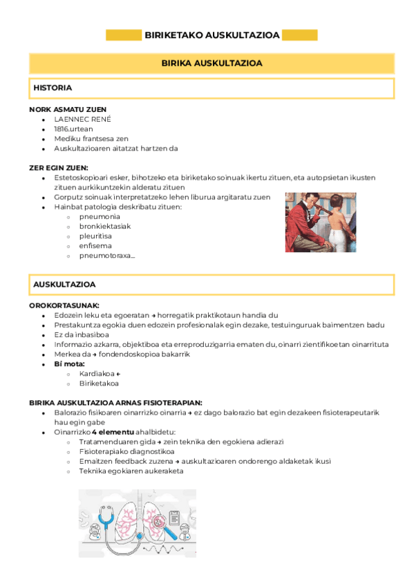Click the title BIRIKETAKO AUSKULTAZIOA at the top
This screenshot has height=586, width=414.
(211, 35)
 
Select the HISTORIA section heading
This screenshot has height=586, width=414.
(53, 88)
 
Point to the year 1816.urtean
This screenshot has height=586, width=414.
(73, 129)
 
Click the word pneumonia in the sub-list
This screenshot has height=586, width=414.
(100, 216)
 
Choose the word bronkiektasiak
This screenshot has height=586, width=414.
(105, 226)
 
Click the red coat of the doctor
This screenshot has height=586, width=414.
(302, 225)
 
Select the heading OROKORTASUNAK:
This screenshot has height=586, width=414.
(64, 305)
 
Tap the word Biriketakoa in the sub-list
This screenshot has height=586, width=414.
(99, 383)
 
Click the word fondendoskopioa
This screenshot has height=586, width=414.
(155, 354)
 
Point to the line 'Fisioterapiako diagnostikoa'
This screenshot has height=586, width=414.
(126, 451)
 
